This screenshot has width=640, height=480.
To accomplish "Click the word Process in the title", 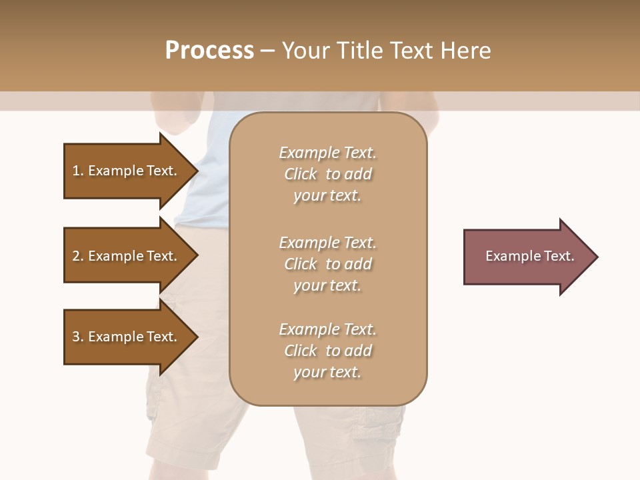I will coord(209,50).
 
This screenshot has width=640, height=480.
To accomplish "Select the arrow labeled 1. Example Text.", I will coord(127,171).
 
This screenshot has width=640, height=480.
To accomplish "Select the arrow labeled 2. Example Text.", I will coord(127,256).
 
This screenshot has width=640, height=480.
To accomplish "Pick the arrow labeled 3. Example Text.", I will coord(127,337).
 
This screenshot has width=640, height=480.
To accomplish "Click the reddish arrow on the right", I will coord(527,257).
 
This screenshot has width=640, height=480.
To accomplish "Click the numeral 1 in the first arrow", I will coord(76,171).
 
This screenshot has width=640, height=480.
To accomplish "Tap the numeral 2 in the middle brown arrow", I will coord(76,256).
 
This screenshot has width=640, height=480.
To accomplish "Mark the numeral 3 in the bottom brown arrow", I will coord(76,337).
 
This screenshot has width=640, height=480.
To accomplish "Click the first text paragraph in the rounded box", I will coord(327,174).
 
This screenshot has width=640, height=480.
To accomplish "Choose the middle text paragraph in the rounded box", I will coord(327,264).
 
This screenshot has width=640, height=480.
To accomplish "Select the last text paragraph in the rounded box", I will coord(327,351).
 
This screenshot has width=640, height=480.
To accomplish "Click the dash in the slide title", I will coord(267,50).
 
